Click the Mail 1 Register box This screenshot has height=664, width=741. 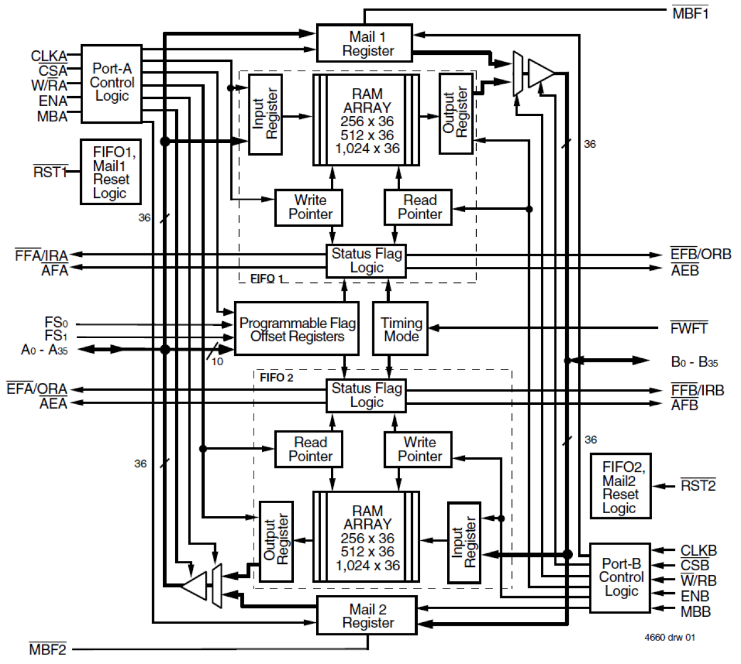point(364,43)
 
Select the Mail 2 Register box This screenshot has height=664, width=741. point(368,616)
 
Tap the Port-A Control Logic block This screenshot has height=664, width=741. point(112,83)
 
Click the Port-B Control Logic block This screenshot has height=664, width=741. point(621,577)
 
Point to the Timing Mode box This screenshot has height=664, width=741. point(401,329)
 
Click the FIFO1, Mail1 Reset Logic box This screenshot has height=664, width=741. point(111,172)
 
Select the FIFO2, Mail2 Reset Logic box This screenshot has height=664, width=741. point(621,486)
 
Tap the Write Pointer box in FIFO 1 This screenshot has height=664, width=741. point(309,207)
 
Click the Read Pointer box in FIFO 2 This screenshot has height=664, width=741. point(309,449)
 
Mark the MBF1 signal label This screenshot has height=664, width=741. point(690,13)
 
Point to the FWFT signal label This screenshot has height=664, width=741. point(688,328)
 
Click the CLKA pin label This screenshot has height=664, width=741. point(49,56)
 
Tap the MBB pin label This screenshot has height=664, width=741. point(695,612)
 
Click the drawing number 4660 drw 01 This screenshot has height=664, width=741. point(669,637)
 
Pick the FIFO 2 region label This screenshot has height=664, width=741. point(276,378)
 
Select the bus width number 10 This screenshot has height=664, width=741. point(217,362)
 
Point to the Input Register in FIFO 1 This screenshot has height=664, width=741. point(265,114)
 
